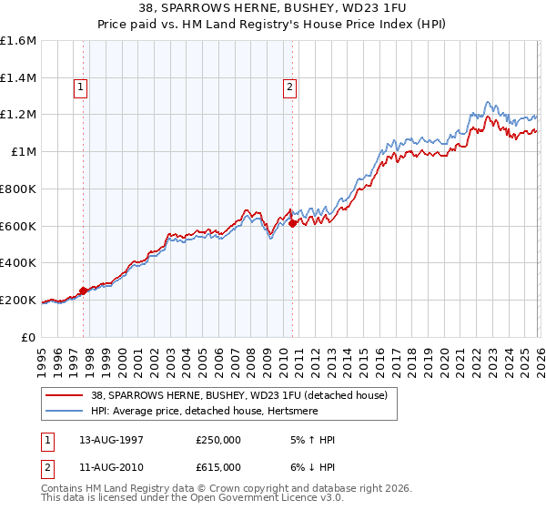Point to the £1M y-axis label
coord(24,152)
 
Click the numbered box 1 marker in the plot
coord(81,87)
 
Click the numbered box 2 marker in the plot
coord(289,87)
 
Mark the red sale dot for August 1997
coord(83,291)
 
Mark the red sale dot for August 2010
coord(292,223)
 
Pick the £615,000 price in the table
coord(217,466)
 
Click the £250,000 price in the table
coord(217,439)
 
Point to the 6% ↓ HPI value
coord(310,466)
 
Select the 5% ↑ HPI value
coord(310,439)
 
